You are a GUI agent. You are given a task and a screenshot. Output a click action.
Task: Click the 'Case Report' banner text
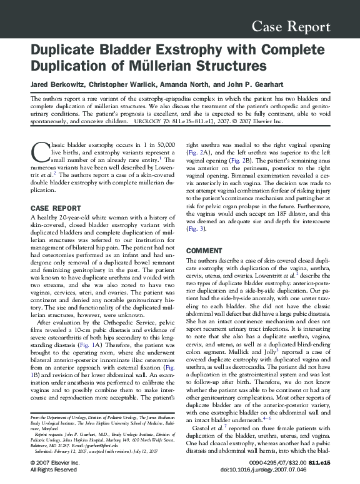coord(291,27)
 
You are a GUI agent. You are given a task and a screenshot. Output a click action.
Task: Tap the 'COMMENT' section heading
coord(204,251)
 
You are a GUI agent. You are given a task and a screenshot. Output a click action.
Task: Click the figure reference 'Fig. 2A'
coord(199,152)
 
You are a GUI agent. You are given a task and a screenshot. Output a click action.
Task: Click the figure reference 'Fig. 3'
coord(195,229)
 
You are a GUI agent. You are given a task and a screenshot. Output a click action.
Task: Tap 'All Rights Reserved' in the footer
coord(54,470)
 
